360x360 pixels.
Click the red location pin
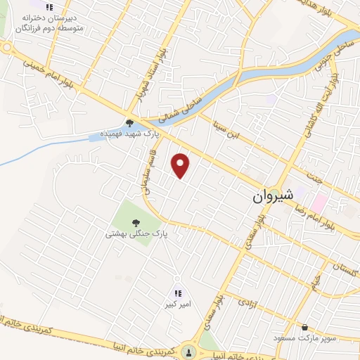[181, 165]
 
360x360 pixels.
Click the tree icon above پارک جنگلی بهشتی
[136, 221]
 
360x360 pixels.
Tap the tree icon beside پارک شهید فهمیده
[130, 121]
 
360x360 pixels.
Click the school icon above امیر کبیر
[177, 293]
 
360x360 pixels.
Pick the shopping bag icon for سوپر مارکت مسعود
[304, 327]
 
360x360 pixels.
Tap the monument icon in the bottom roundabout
[188, 352]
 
